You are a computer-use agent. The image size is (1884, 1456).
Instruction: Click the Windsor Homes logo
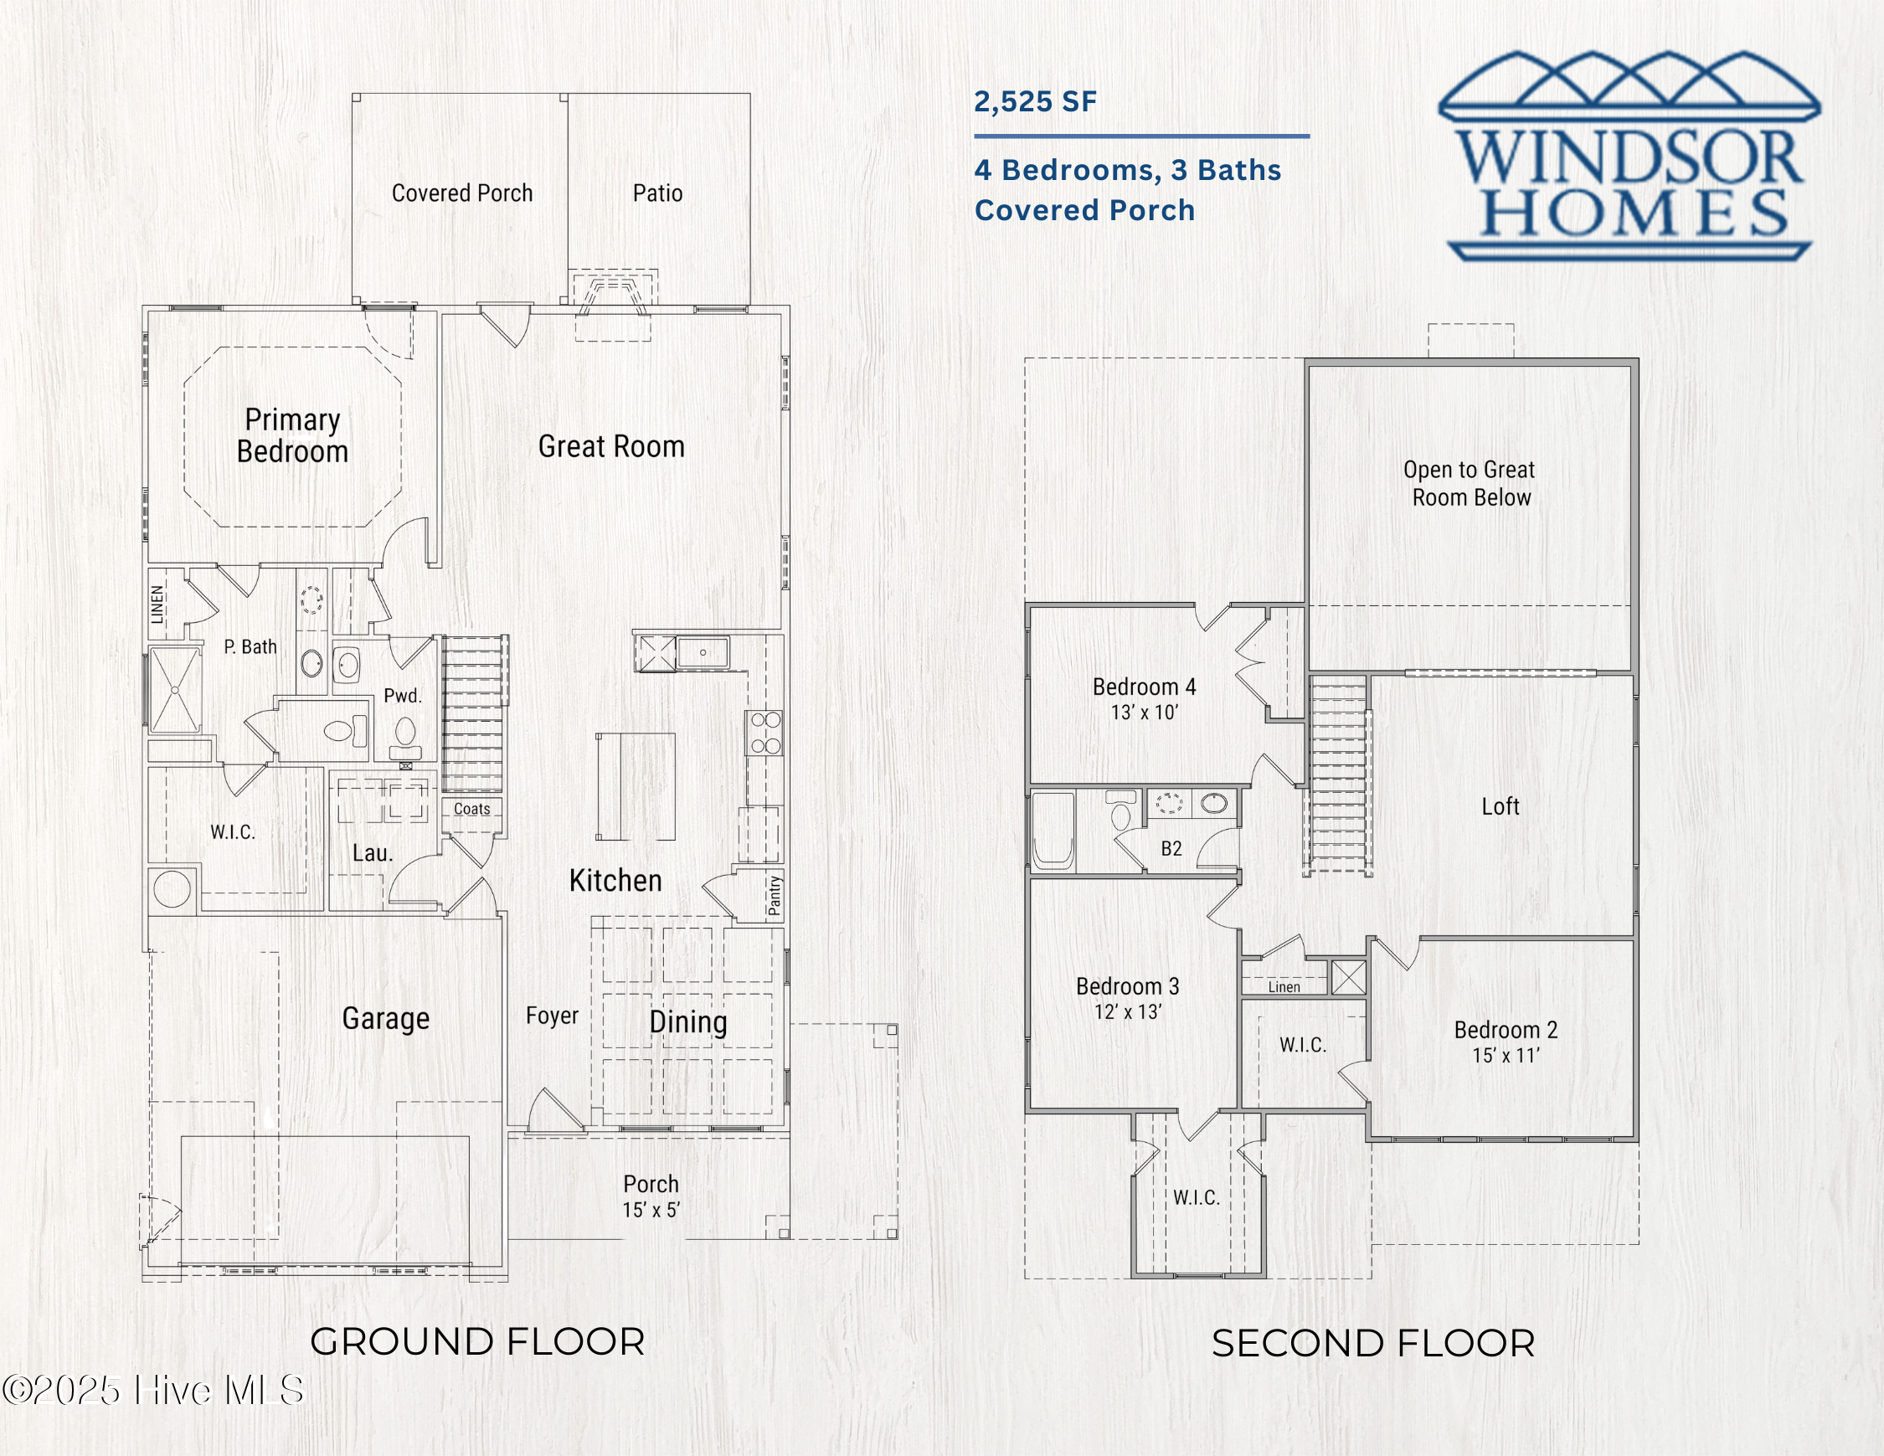(x=1629, y=155)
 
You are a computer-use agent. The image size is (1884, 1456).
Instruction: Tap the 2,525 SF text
(x=1035, y=102)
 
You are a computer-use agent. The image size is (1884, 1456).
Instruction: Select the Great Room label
(x=610, y=446)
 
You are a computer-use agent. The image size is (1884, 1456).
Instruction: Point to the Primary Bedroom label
(x=292, y=435)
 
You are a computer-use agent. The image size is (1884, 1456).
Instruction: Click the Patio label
(x=657, y=193)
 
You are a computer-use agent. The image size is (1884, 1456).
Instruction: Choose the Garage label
(x=386, y=1019)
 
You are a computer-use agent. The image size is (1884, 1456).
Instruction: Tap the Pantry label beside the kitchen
(x=774, y=894)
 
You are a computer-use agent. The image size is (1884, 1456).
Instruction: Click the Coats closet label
(x=472, y=809)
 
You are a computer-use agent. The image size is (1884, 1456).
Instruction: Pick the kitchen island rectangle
(x=635, y=786)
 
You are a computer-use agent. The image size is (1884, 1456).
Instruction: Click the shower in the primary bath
(x=175, y=690)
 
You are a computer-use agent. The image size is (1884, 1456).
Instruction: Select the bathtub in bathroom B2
(x=1053, y=830)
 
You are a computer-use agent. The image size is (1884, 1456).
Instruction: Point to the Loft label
(x=1501, y=806)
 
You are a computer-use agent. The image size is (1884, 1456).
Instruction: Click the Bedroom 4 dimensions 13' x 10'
(x=1144, y=713)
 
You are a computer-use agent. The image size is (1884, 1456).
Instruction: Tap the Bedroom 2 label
(x=1506, y=1030)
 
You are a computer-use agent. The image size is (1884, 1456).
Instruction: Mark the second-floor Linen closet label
(x=1284, y=987)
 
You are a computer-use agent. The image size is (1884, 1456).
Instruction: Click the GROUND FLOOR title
(x=477, y=1342)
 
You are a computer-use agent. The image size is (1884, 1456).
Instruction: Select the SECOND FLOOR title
(x=1373, y=1344)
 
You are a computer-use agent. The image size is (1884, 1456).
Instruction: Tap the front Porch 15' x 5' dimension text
(x=651, y=1210)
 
